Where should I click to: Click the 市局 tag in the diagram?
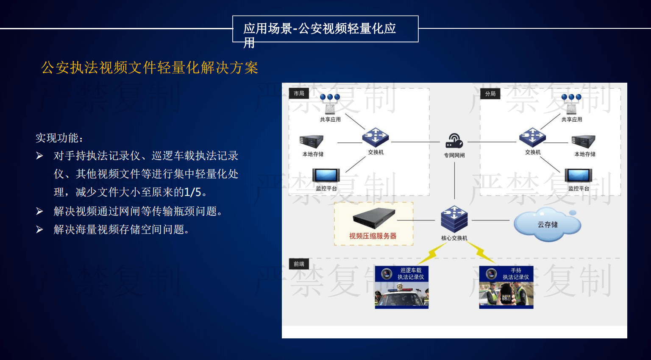[299, 93]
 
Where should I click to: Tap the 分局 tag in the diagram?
[490, 94]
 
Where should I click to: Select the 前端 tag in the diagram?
[299, 264]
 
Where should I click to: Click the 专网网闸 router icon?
[454, 141]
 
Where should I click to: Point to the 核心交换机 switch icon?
[454, 219]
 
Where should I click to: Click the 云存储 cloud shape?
[548, 224]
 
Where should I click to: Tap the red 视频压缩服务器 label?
[373, 236]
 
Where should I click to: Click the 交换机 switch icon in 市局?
[376, 137]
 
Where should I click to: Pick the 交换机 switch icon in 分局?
[532, 137]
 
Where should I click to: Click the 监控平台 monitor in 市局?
[326, 176]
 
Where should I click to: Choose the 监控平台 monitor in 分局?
[579, 176]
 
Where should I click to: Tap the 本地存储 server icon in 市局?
[312, 142]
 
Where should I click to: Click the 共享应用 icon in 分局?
[571, 104]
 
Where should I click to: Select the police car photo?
[402, 295]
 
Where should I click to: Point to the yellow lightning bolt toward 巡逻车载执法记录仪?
[432, 254]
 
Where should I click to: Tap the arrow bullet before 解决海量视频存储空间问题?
[40, 229]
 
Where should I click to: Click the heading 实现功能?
[59, 138]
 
